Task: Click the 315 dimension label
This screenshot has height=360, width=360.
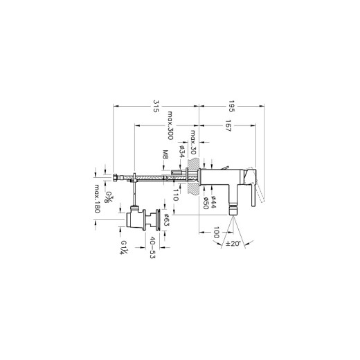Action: pos(156,106)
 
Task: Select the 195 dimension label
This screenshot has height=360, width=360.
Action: pos(231,106)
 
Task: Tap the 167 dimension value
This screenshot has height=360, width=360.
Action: pos(228,125)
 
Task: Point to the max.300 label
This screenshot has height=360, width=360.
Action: pos(170,125)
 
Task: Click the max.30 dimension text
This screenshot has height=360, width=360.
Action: pos(193,142)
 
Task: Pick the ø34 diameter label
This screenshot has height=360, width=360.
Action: pos(182,152)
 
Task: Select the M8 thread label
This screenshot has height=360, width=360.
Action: pos(165,154)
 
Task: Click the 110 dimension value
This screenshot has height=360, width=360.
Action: pos(176,195)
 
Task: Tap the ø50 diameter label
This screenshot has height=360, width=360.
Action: pos(206,203)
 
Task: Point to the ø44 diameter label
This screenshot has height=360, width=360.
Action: pos(213,202)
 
